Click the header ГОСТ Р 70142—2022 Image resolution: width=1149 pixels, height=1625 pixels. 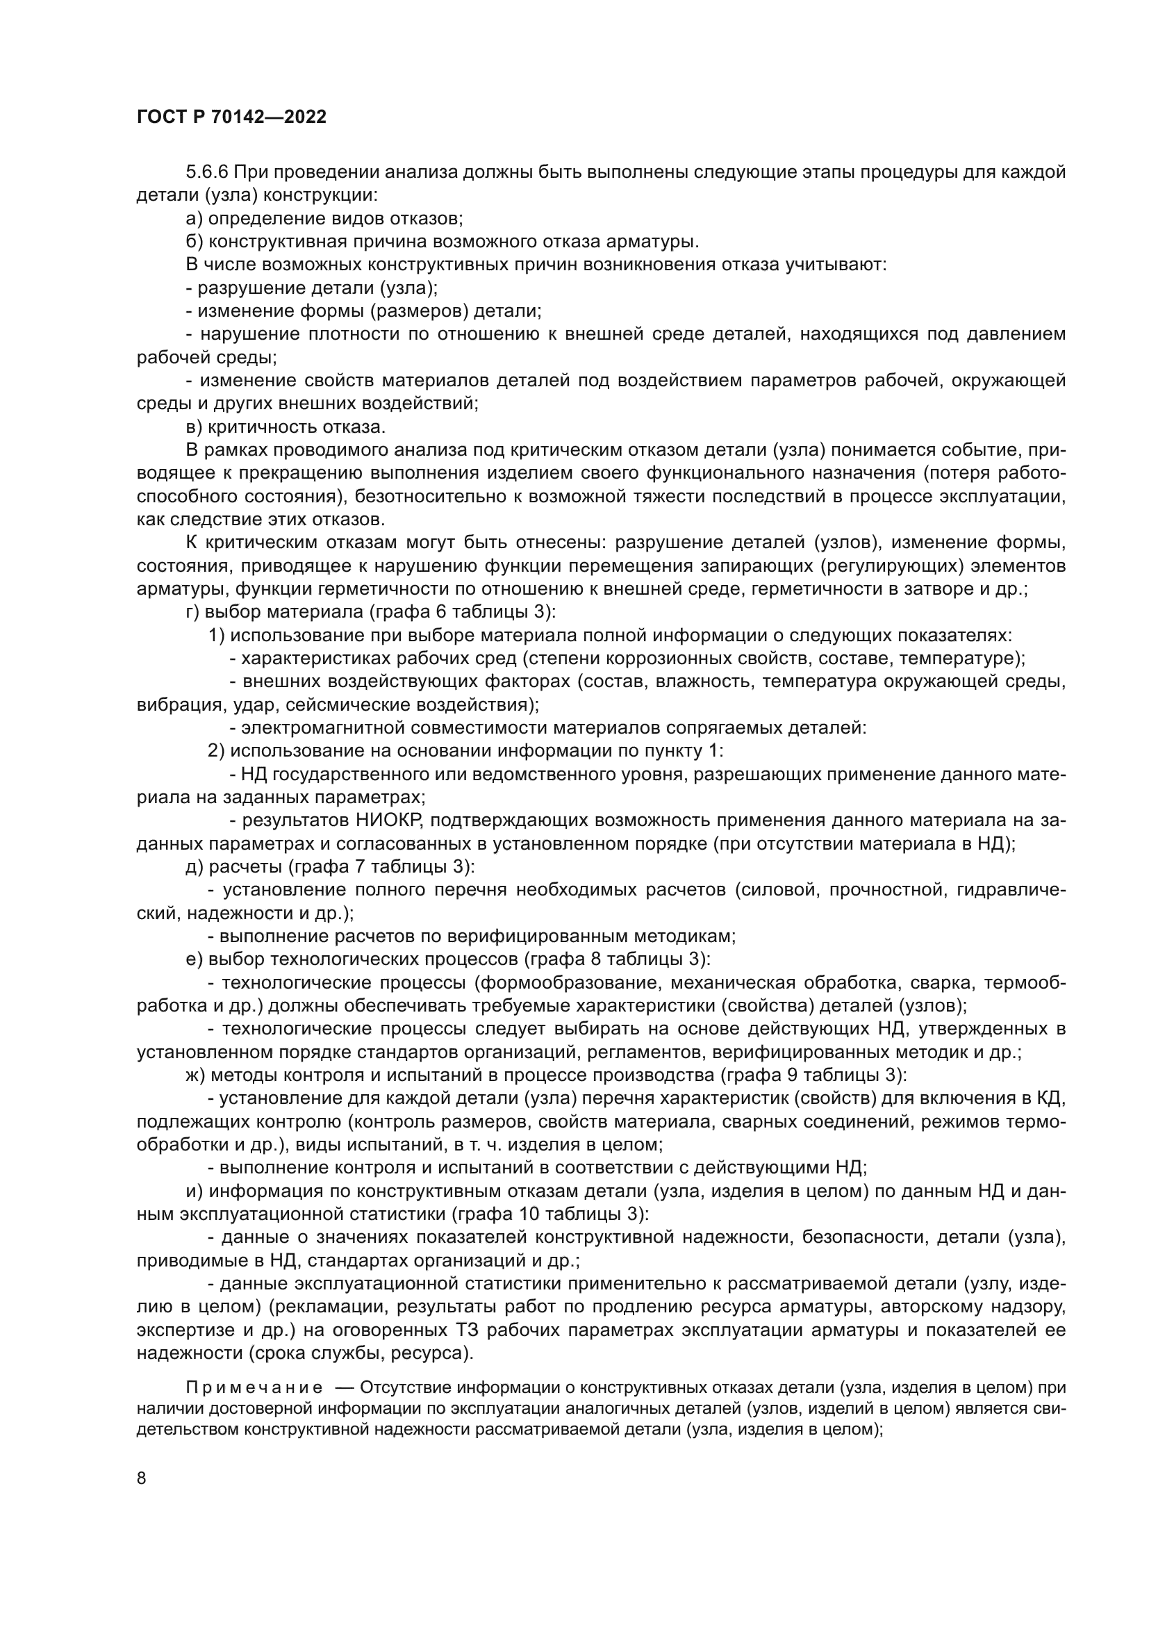coord(231,117)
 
